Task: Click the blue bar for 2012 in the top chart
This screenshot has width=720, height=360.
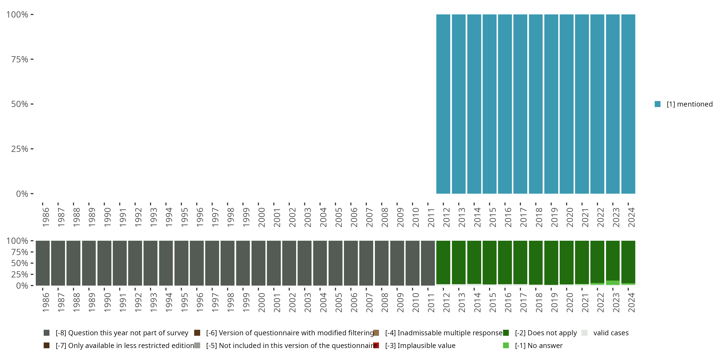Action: point(443,104)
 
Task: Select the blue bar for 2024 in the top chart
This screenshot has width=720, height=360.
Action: point(628,104)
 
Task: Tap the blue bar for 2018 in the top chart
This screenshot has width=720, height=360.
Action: point(535,104)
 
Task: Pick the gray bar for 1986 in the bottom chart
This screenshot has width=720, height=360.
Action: point(42,263)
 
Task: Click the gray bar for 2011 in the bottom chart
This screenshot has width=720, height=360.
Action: point(428,263)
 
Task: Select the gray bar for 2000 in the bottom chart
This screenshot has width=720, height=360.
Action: point(258,263)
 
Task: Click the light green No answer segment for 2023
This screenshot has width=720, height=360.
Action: point(612,282)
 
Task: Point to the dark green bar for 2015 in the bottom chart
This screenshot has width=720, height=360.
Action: point(489,262)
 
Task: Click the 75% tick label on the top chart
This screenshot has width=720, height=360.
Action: point(20,59)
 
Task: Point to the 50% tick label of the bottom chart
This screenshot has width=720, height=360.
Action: point(20,263)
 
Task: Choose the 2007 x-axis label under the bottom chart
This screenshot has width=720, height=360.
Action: point(369,302)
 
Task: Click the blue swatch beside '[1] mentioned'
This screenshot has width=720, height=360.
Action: point(657,104)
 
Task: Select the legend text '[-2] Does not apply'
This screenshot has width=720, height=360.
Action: point(546,333)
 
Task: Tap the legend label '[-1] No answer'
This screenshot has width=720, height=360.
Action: point(539,345)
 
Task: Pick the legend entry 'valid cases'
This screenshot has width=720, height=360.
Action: point(611,333)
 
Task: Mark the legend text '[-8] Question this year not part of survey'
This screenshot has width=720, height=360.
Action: point(122,333)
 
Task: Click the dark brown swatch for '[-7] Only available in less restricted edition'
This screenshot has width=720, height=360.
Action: point(47,345)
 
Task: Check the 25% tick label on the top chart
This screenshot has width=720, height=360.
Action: point(20,149)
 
